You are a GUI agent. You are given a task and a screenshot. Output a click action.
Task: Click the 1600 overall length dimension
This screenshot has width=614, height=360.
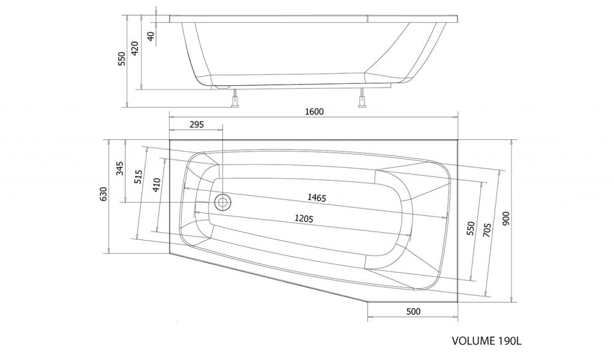(x=314, y=112)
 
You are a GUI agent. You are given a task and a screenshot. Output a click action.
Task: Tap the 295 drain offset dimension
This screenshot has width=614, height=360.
(x=197, y=125)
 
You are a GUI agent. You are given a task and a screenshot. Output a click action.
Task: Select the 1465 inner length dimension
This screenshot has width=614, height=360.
(x=317, y=197)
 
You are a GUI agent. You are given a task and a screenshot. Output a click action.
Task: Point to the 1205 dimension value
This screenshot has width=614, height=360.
(x=304, y=218)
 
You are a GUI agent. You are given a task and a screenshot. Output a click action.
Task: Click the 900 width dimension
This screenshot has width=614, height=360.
(x=506, y=218)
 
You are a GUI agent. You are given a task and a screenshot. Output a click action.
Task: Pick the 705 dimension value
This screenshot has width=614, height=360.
(x=487, y=231)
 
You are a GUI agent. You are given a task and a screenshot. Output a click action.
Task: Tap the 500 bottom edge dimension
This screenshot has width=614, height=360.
(x=413, y=311)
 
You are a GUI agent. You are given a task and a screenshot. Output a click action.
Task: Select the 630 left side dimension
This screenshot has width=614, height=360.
(x=103, y=194)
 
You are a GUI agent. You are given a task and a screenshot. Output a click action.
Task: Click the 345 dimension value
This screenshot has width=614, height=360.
(x=120, y=169)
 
